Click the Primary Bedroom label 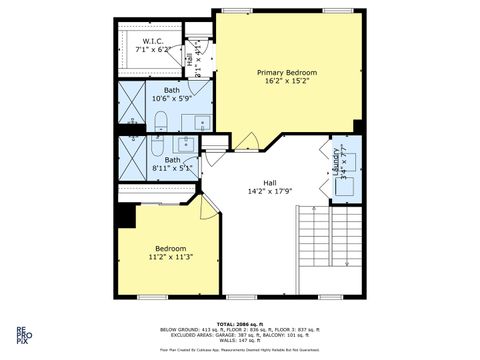(x=287, y=73)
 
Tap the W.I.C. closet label (x=152, y=41)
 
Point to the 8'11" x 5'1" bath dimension (x=173, y=169)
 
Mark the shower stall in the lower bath (x=132, y=155)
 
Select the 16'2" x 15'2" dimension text (x=287, y=83)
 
